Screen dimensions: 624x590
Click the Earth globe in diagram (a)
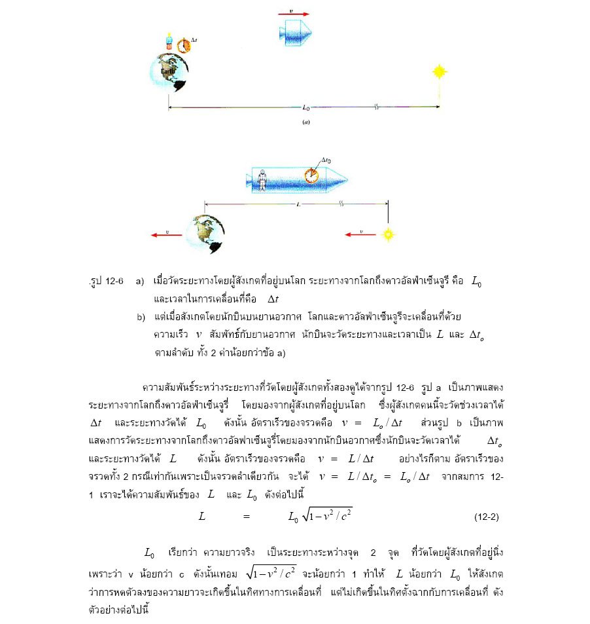168,71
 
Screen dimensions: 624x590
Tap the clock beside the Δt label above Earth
184,45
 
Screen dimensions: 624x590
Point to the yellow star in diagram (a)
439,71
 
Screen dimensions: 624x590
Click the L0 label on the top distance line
306,106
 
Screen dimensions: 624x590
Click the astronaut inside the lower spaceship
262,178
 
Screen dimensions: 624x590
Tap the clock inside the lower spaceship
313,175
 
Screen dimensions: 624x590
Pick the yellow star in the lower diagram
388,233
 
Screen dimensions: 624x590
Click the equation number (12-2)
486,517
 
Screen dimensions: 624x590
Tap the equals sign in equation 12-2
247,517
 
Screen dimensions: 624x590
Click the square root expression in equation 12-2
326,515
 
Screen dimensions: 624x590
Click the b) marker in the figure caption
141,318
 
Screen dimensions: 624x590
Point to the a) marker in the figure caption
140,281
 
